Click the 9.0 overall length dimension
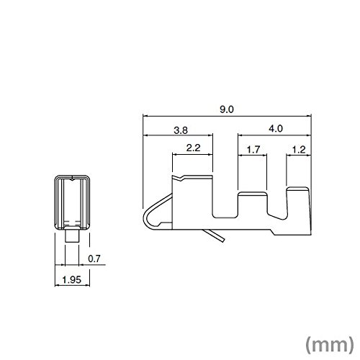(x=227, y=109)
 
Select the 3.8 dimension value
(x=181, y=130)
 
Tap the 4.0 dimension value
(x=276, y=129)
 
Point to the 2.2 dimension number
(x=193, y=148)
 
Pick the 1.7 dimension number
(x=253, y=150)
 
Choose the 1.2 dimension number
(x=299, y=150)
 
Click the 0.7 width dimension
(x=94, y=258)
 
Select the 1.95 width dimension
(x=72, y=279)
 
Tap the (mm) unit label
(x=330, y=345)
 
